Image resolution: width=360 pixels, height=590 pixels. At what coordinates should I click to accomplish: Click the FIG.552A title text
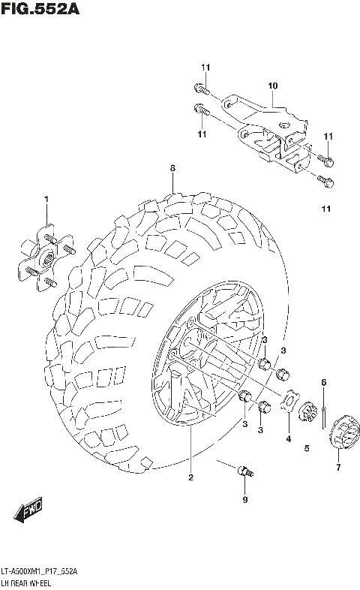[x=40, y=10]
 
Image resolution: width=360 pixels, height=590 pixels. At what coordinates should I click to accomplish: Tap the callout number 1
[x=46, y=199]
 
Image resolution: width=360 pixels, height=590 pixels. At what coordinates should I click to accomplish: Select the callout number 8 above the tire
[x=172, y=168]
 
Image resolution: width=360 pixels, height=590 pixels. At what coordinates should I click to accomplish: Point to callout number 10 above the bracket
[x=272, y=86]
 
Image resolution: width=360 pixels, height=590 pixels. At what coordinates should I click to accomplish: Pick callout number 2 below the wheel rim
[x=190, y=477]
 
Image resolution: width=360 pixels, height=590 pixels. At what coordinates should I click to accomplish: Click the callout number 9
[x=244, y=500]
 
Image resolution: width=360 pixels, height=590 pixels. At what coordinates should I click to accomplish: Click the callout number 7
[x=338, y=468]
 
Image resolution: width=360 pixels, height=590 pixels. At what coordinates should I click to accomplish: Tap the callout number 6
[x=323, y=383]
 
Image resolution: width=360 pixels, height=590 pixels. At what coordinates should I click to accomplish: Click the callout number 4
[x=287, y=438]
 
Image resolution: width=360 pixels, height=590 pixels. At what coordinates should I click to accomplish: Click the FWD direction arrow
[x=28, y=513]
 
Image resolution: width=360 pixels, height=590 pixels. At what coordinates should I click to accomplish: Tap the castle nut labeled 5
[x=306, y=414]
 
